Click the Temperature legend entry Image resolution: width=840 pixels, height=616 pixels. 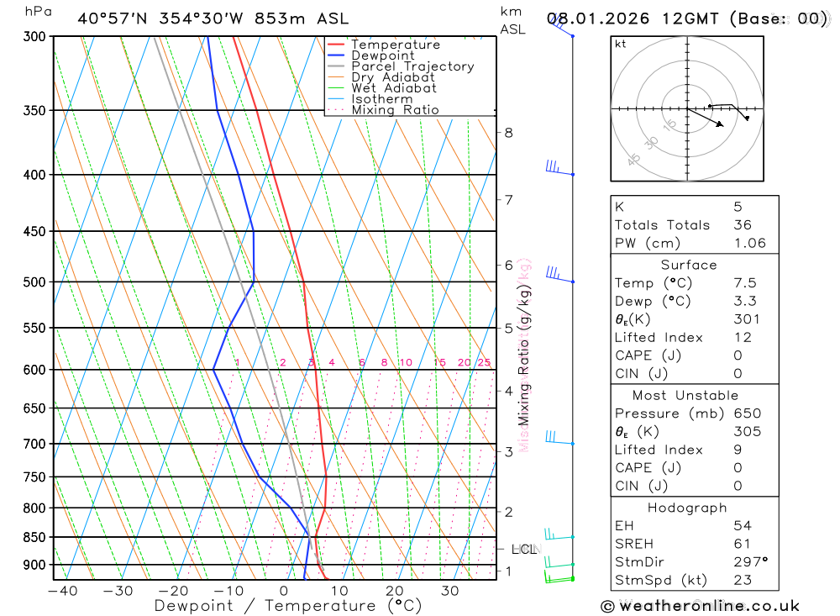(395, 45)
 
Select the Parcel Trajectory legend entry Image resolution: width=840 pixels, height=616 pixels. (412, 66)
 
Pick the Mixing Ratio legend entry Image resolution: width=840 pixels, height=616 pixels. (395, 110)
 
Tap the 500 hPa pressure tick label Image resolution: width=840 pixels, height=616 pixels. (34, 282)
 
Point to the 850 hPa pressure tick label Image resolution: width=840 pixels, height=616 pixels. (34, 537)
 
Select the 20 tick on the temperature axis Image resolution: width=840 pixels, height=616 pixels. (395, 591)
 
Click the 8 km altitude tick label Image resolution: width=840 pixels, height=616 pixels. (509, 132)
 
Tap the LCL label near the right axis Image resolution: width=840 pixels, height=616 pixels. (524, 550)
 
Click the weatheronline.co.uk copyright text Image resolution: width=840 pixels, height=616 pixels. (701, 606)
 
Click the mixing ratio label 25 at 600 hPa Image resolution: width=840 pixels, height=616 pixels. (484, 362)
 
